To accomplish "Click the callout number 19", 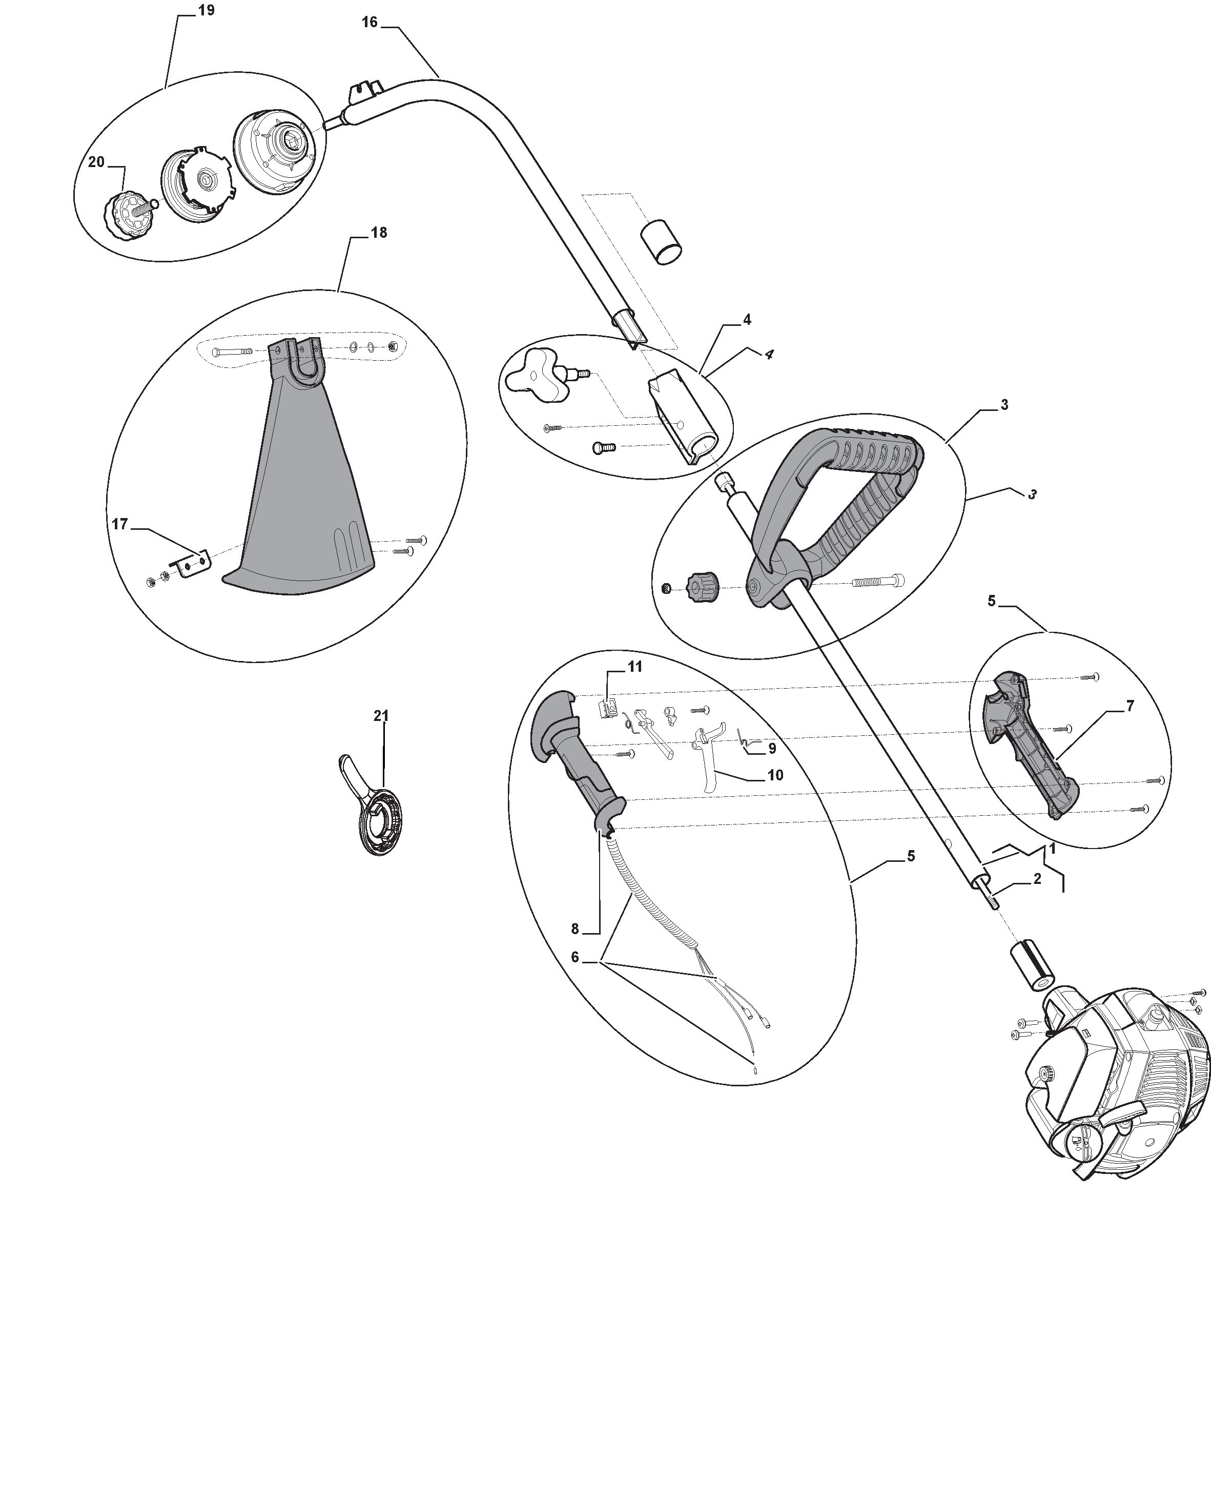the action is pyautogui.click(x=206, y=10).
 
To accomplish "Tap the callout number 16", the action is pyautogui.click(x=369, y=23).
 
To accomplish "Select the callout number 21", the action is pyautogui.click(x=381, y=716).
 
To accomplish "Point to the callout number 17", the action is pyautogui.click(x=120, y=524).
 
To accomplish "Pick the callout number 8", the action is pyautogui.click(x=575, y=928).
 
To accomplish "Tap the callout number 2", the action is pyautogui.click(x=1037, y=879).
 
